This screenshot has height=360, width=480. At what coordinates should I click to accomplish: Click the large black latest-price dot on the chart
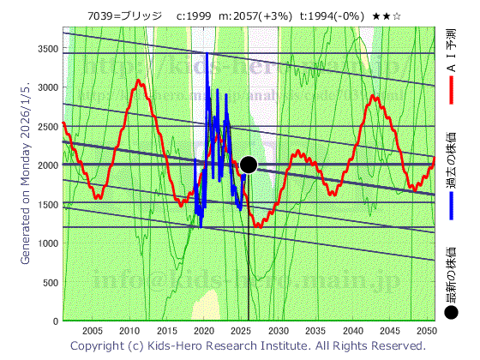point(249,165)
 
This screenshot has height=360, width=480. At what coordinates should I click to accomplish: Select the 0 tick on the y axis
point(56,321)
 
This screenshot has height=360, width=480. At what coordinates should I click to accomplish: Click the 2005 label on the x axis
point(93,331)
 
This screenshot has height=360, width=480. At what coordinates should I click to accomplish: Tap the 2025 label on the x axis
point(241,331)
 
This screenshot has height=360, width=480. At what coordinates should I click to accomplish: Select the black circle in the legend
point(452,313)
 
